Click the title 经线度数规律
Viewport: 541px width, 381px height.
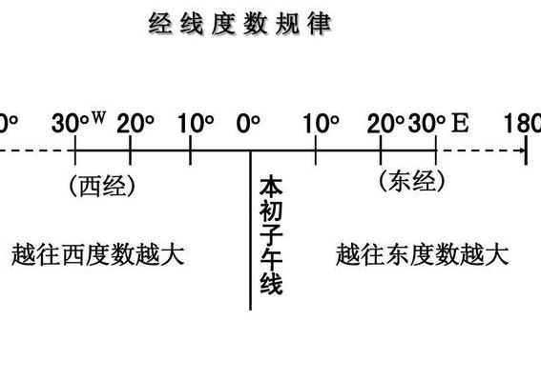click(240, 24)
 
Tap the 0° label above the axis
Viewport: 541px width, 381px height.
click(248, 124)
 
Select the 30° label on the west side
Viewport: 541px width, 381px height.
click(71, 124)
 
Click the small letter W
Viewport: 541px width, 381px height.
click(98, 117)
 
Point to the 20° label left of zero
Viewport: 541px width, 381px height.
click(135, 124)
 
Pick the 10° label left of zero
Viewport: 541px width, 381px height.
click(196, 124)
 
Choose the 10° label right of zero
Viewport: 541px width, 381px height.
click(322, 124)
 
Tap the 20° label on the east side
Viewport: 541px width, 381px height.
click(385, 124)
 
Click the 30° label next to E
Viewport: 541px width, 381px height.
click(427, 124)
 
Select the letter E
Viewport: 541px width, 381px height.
click(460, 123)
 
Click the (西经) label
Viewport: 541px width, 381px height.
click(102, 186)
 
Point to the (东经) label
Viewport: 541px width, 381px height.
click(412, 181)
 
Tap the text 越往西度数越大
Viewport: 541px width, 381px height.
click(98, 255)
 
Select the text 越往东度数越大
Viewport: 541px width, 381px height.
click(423, 255)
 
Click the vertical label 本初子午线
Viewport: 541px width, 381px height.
click(271, 236)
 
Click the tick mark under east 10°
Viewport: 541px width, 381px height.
click(316, 150)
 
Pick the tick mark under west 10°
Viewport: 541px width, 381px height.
click(190, 150)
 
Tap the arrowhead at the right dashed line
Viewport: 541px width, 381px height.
click(524, 150)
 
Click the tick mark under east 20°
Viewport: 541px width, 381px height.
click(380, 150)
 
